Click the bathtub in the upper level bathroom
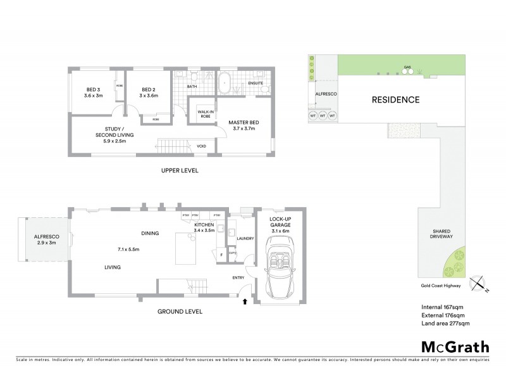[x=225, y=83]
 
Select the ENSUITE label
[x=256, y=83]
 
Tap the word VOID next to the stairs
[x=201, y=146]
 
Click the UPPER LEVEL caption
[x=180, y=171]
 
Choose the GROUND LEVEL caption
[x=180, y=311]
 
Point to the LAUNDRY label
[x=245, y=239]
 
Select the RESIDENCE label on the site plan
[x=395, y=99]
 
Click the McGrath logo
[x=455, y=346]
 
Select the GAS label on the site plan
[x=407, y=67]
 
